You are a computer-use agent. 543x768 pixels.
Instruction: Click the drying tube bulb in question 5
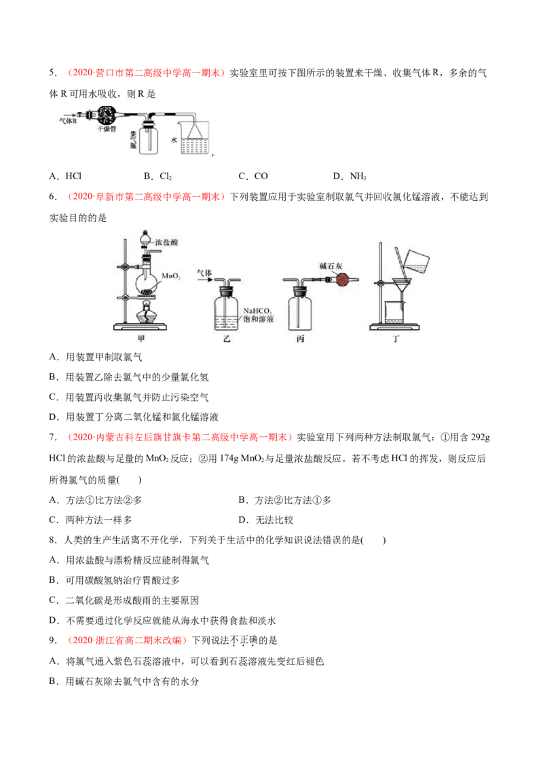[106, 115]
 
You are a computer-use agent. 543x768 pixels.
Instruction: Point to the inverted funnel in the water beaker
[195, 131]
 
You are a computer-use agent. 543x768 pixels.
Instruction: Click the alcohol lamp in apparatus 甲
[145, 313]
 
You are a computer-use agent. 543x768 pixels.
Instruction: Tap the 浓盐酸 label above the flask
[166, 242]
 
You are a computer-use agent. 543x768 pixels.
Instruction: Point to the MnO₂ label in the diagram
[171, 275]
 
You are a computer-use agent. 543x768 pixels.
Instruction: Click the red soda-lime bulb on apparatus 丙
[343, 280]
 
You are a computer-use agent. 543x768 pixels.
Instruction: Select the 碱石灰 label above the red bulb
[331, 265]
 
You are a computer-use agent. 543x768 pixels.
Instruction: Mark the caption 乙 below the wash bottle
[227, 339]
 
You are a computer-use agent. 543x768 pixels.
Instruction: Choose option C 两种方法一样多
[91, 520]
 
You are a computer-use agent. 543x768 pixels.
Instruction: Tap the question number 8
[53, 540]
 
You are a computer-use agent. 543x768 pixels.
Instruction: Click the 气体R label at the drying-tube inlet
[68, 121]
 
